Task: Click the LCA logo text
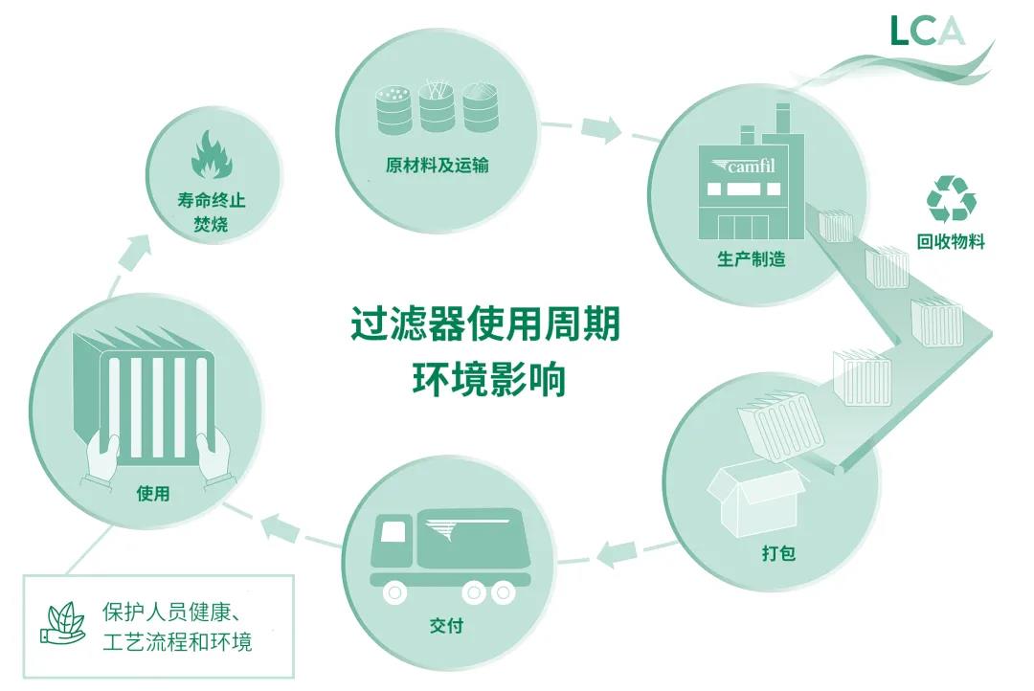[926, 31]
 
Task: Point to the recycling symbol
[951, 198]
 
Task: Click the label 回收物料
[951, 241]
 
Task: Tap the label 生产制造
[752, 259]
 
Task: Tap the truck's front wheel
[395, 593]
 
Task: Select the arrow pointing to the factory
[601, 129]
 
